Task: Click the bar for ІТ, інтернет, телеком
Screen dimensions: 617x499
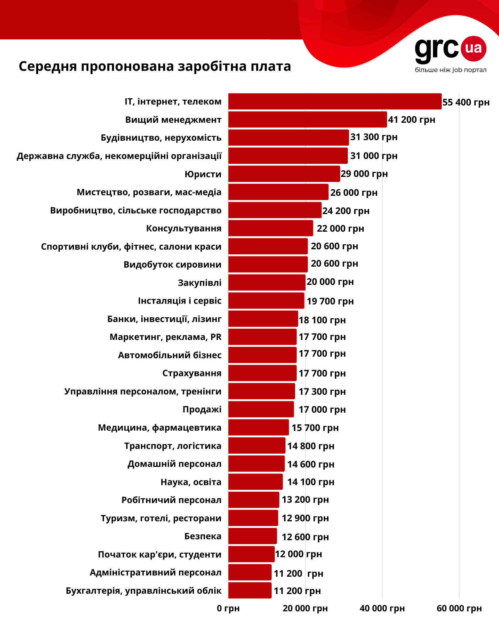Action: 335,101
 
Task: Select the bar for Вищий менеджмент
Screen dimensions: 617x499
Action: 307,120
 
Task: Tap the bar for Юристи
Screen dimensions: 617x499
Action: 284,174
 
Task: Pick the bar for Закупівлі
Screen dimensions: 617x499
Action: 266,282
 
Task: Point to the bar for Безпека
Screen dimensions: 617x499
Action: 252,536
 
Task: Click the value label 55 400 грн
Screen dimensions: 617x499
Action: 466,102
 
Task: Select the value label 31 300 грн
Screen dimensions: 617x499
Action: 374,137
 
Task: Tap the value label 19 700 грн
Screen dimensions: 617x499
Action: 330,301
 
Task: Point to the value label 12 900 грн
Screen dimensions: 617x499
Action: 305,518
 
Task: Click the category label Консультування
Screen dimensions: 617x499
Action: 184,228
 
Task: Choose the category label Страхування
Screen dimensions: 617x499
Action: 192,373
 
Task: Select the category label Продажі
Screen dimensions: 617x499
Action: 202,409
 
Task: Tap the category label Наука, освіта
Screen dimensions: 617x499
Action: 191,482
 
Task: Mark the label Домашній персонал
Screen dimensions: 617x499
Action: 174,464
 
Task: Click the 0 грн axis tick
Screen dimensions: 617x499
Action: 228,609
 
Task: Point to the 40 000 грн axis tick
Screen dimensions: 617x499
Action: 382,609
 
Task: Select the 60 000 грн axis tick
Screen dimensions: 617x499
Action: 459,609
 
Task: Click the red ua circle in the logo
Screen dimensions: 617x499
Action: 474,48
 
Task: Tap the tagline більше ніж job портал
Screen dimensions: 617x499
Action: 451,70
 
